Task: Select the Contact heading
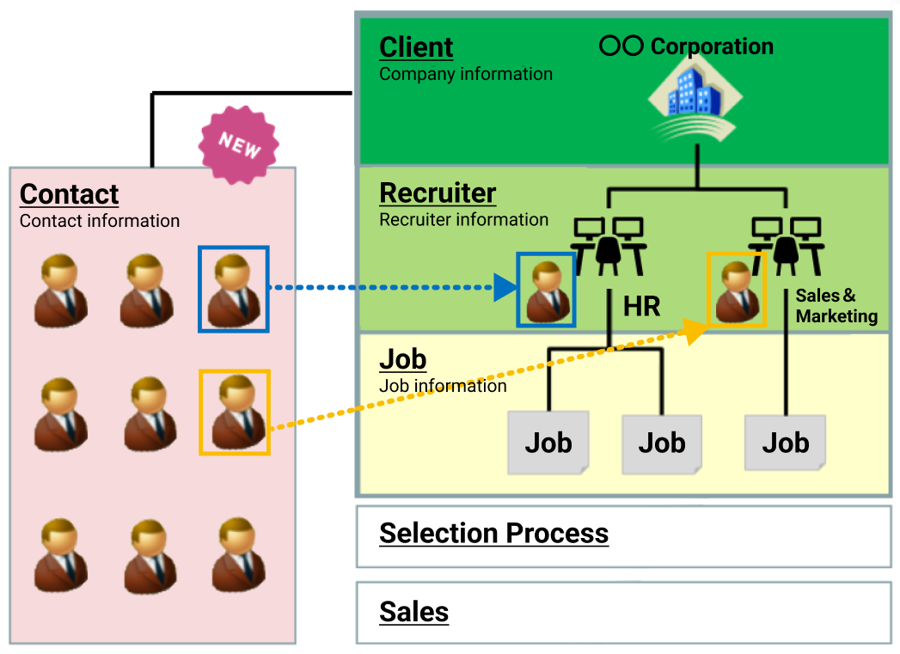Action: pyautogui.click(x=69, y=194)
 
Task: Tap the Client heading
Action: pyautogui.click(x=416, y=47)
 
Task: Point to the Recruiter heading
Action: pyautogui.click(x=438, y=193)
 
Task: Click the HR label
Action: pyautogui.click(x=642, y=306)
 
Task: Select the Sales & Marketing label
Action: pyautogui.click(x=836, y=306)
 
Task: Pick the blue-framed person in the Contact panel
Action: pyautogui.click(x=234, y=289)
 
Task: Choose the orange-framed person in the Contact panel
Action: pyautogui.click(x=234, y=412)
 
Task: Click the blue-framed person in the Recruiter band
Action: pyautogui.click(x=546, y=290)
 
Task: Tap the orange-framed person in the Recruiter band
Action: pyautogui.click(x=736, y=290)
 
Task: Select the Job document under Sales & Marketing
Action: pyautogui.click(x=786, y=443)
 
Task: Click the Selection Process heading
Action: pyautogui.click(x=493, y=534)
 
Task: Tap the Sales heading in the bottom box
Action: pyautogui.click(x=413, y=612)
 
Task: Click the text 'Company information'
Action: pyautogui.click(x=466, y=74)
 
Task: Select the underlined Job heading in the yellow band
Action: pyautogui.click(x=402, y=359)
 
